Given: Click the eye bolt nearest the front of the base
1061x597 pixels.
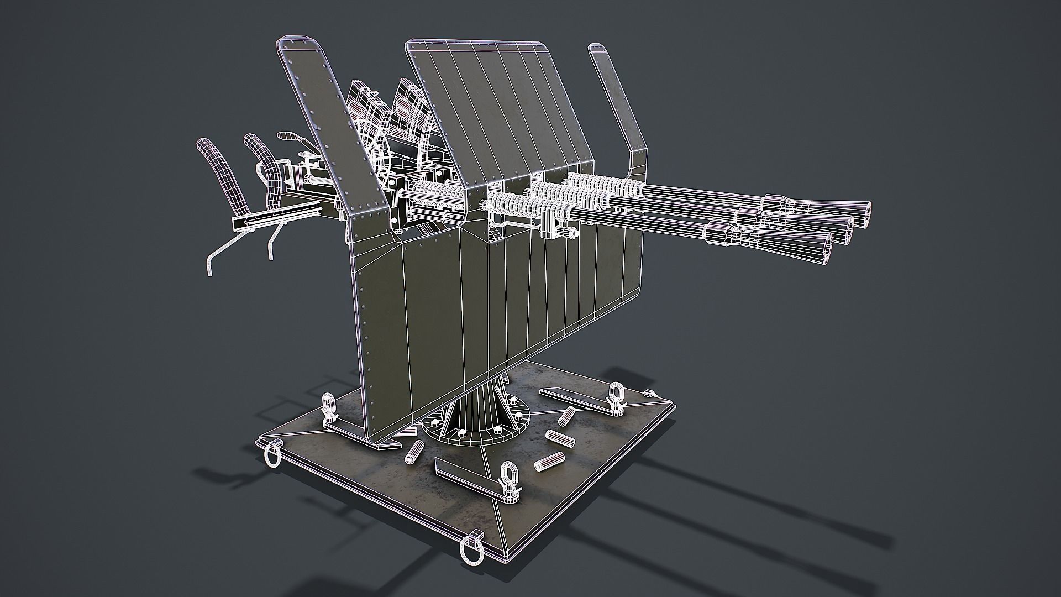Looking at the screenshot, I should pos(508,475).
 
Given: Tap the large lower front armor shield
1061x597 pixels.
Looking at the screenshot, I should pos(497,298).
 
